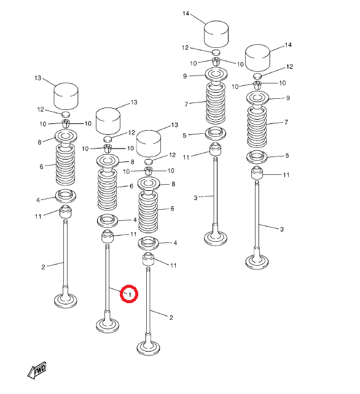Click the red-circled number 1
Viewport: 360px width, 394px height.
coord(130,294)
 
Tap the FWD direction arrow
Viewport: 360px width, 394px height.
coord(37,371)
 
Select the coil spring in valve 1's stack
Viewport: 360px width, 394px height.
coord(108,190)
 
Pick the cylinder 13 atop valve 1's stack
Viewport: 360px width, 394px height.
coord(108,122)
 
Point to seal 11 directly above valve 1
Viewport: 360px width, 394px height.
coord(108,236)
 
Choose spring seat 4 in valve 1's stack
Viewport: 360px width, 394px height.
coord(108,220)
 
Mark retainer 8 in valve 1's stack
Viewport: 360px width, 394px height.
coord(108,161)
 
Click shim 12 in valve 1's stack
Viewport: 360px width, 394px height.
coord(108,139)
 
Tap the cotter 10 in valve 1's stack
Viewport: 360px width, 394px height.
coord(108,149)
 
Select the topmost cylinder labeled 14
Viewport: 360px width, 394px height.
coord(216,34)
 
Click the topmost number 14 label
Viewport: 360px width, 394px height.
coord(186,14)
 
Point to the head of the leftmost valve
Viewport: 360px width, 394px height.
coord(65,300)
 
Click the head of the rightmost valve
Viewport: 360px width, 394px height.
coord(257,262)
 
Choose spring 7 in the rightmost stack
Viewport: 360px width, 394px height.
coord(257,127)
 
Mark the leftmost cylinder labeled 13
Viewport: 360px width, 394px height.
coord(66,96)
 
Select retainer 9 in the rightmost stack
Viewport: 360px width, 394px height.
coord(257,98)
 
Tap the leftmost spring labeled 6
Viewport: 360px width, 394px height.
coord(65,164)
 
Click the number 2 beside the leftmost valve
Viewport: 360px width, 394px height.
coord(43,267)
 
